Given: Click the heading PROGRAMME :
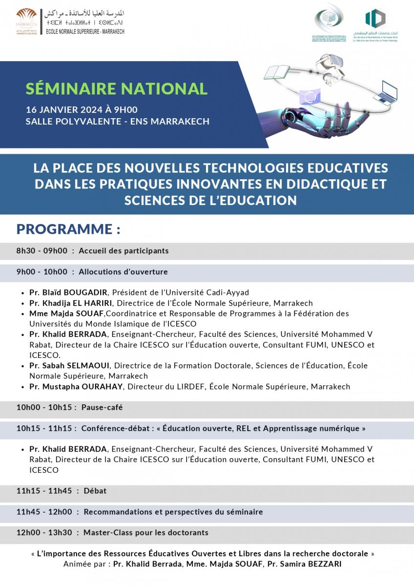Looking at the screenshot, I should point(68,229).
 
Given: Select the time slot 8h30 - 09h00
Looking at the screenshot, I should point(42,251).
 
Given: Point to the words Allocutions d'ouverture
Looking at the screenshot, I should point(123,272).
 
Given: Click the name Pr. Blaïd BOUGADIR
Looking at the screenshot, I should point(70,293).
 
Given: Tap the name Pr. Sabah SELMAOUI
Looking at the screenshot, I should point(69,366).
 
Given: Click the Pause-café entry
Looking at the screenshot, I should point(102,407).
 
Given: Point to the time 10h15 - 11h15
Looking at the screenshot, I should point(46,428).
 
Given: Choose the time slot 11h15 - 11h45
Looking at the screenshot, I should point(44,491).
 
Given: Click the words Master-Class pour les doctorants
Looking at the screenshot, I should point(145,533).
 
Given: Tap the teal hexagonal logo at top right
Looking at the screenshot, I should point(375,19).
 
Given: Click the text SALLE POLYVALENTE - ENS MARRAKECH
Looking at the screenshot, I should point(118,122).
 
